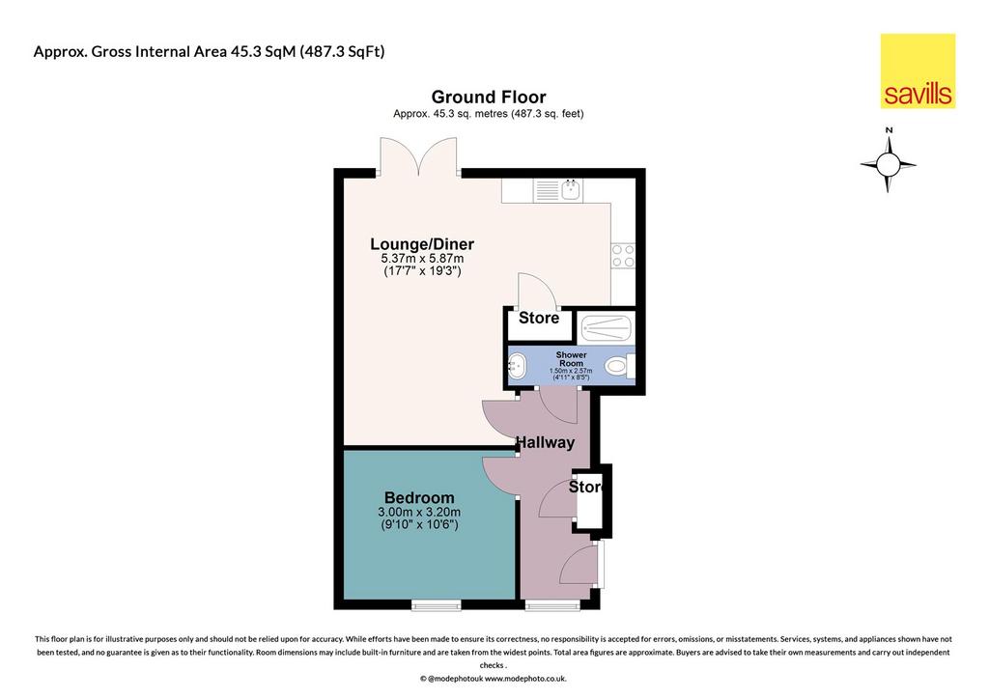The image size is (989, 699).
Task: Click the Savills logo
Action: pos(918,71)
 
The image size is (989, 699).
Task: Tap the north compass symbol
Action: pos(889,162)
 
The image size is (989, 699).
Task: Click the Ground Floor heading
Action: pos(489,98)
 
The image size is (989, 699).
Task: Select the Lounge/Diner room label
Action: pos(422,244)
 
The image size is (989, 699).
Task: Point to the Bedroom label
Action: pos(419,498)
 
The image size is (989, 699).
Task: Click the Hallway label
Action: pos(546,442)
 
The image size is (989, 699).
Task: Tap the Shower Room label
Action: pos(572,359)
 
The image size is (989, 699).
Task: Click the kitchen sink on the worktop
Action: pos(558,190)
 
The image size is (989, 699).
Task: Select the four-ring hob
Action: pos(623,256)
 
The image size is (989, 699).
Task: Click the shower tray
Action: pos(606,328)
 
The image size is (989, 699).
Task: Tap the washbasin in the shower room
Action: pos(518,366)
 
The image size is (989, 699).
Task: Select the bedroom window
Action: pos(437,605)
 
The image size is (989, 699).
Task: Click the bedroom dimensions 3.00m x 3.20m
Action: pos(419,512)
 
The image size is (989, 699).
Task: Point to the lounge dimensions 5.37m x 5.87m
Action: pos(422,259)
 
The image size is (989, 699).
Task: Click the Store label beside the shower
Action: pos(539,318)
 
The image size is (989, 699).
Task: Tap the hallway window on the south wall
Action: pos(552,605)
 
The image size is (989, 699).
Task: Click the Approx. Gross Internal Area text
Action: pos(209,52)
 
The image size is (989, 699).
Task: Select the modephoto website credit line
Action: pos(494,679)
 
